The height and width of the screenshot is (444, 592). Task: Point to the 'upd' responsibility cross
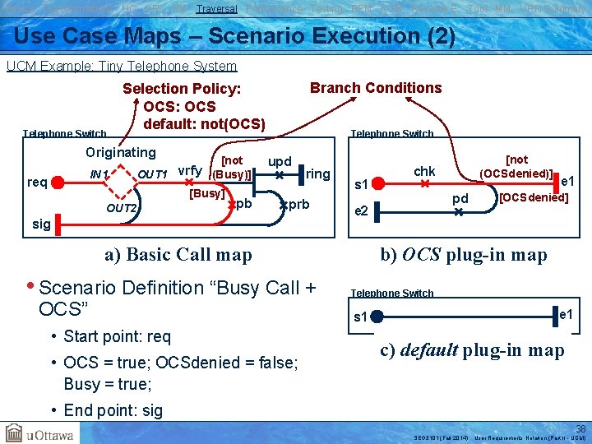click(280, 175)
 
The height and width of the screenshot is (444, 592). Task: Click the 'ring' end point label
click(317, 173)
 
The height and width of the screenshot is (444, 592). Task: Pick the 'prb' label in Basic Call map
click(298, 204)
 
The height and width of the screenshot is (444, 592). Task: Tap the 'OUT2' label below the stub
click(122, 208)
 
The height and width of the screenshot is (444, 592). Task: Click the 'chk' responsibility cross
click(424, 185)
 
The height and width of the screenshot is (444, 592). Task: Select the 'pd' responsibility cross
click(460, 212)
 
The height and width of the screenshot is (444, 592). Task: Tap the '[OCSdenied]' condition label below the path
click(534, 198)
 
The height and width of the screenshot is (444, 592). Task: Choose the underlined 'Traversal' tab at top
click(217, 8)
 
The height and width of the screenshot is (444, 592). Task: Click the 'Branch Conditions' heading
click(375, 88)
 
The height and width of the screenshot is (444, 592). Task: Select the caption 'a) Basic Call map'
click(178, 254)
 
